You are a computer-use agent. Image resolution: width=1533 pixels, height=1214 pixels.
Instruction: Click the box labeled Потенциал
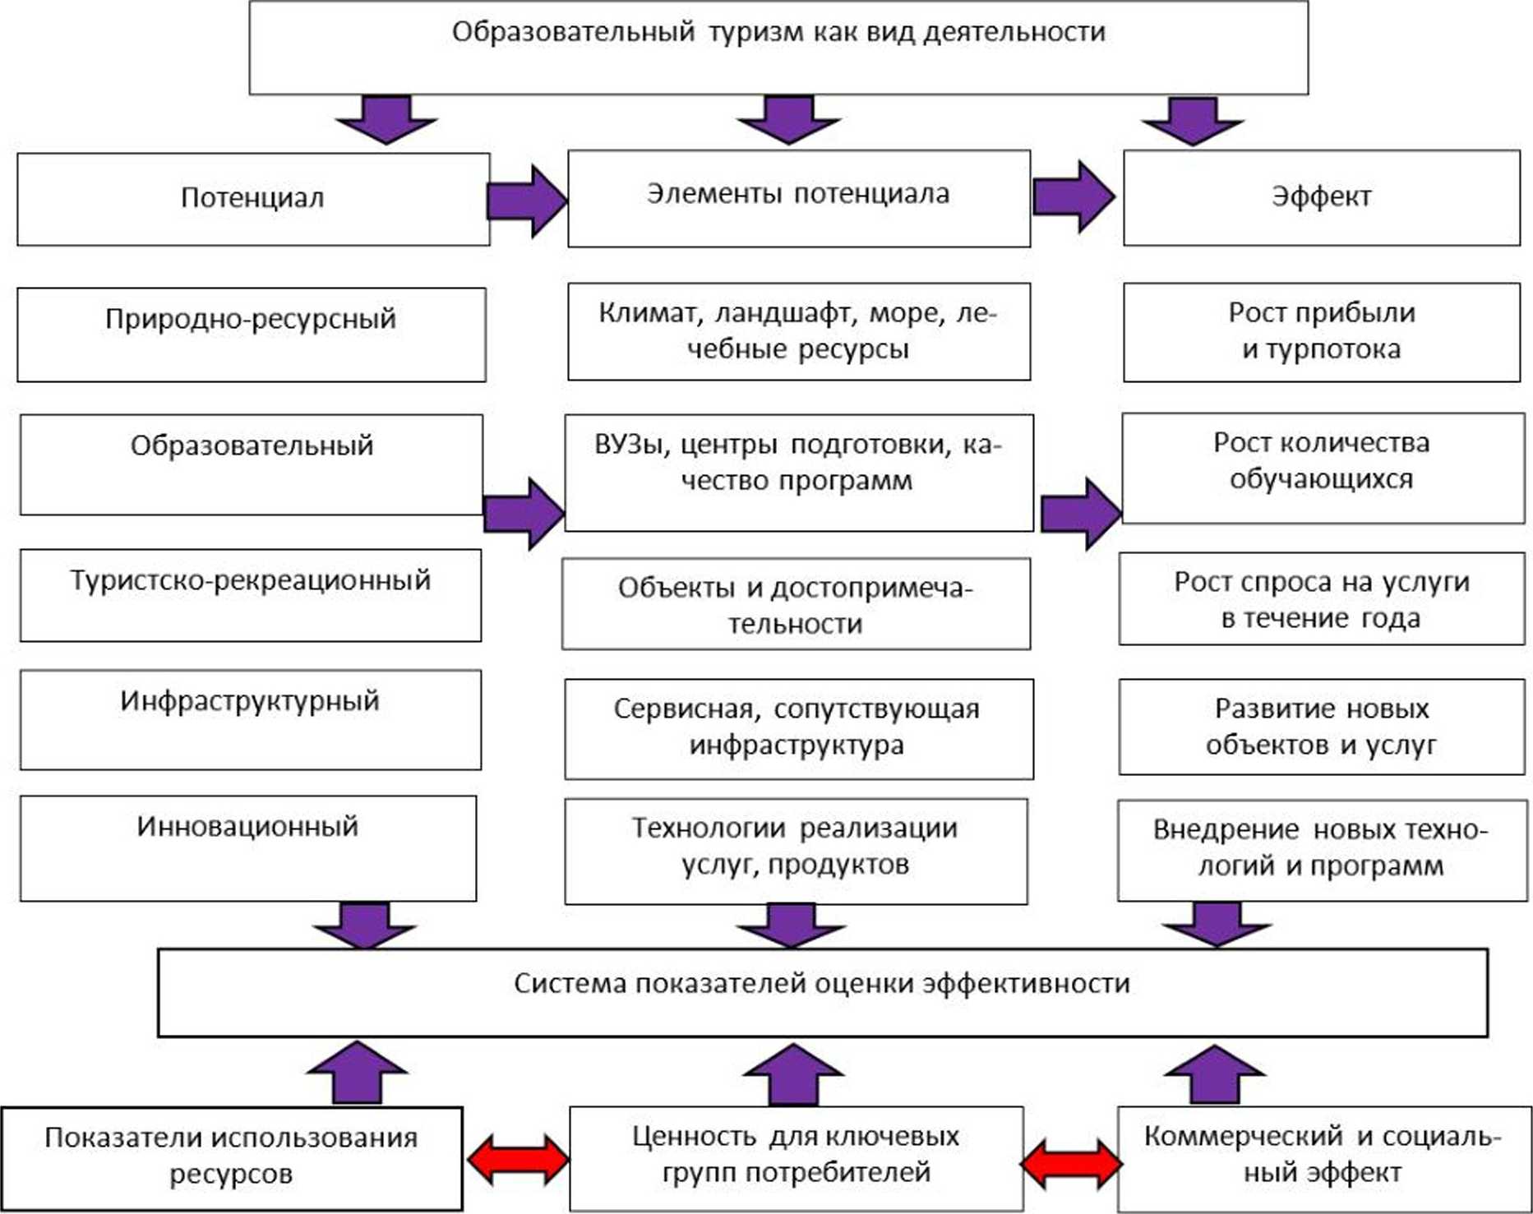tap(253, 199)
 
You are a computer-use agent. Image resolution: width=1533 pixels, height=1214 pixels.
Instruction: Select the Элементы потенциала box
tap(798, 197)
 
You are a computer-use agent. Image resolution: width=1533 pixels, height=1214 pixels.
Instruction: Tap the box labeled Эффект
tap(1321, 197)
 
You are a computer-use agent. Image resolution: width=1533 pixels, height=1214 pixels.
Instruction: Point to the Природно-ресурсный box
tap(251, 334)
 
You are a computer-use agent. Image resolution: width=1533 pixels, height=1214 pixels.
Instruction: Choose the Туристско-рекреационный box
tap(251, 595)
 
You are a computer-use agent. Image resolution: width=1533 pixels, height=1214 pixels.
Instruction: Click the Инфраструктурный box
tap(251, 719)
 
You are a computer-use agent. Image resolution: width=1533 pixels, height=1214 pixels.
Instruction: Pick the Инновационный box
tap(247, 847)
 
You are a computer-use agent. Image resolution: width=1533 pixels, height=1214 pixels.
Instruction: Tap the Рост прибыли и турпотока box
tap(1321, 331)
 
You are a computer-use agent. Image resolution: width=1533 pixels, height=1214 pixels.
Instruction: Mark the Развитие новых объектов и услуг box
tap(1321, 727)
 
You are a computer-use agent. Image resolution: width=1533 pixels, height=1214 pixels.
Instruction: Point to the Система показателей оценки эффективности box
tap(822, 992)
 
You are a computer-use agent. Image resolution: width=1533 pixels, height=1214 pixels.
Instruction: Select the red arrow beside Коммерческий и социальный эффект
tap(1070, 1163)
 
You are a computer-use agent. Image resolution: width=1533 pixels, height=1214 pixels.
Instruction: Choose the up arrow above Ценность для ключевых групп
tap(793, 1073)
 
